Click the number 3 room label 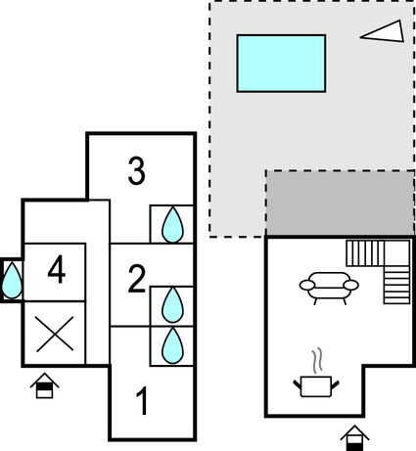[136, 170]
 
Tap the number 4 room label [57, 269]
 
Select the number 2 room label [136, 279]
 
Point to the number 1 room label [142, 401]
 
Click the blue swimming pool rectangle [281, 64]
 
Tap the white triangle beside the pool [384, 32]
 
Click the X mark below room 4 [55, 334]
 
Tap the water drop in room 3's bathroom [172, 225]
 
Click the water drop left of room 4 [12, 281]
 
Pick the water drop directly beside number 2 [172, 305]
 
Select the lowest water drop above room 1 [172, 345]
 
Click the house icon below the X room [44, 385]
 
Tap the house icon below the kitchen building [354, 438]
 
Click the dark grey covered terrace [341, 203]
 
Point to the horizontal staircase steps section [365, 253]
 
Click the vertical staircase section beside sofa [396, 285]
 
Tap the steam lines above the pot [317, 361]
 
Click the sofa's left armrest [307, 285]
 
